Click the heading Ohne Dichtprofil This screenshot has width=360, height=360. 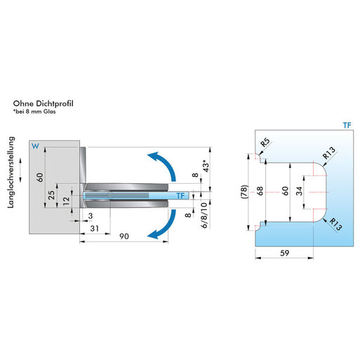[x=43, y=104]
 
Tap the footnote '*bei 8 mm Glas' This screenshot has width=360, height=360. [x=34, y=112]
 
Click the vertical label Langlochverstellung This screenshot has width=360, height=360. [x=11, y=173]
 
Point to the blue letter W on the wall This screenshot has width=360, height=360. [x=35, y=146]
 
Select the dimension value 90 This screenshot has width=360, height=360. [x=124, y=236]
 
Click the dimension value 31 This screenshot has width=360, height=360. [x=95, y=229]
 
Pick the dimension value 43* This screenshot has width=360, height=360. [x=206, y=166]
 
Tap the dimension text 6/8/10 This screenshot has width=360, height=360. [x=204, y=215]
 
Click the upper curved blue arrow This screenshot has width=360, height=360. [x=166, y=162]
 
